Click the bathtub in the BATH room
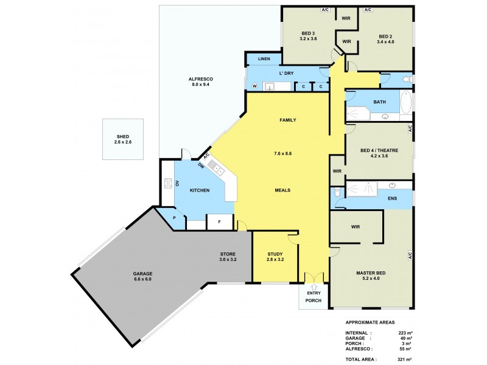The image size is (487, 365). [x=407, y=102]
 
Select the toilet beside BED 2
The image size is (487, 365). [x=408, y=80]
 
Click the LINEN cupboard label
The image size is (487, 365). [x=263, y=59]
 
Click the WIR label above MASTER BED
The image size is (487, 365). [x=356, y=227]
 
